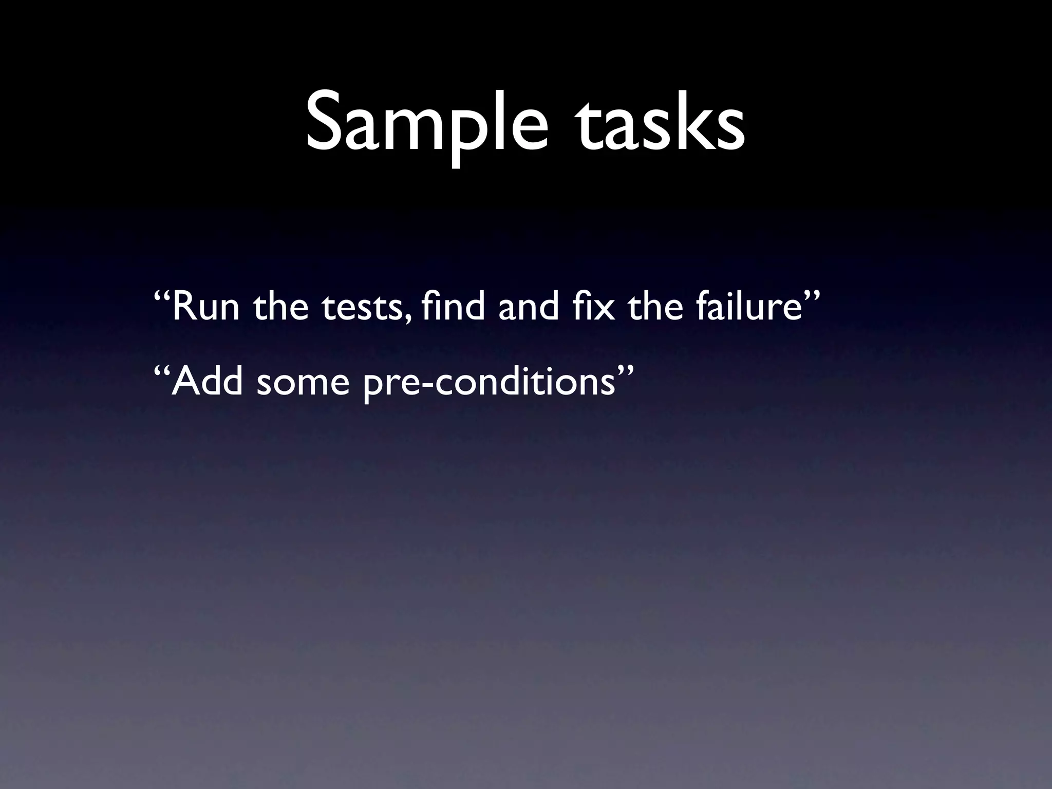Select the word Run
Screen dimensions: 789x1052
tap(205, 307)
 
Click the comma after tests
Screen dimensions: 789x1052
tap(408, 318)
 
